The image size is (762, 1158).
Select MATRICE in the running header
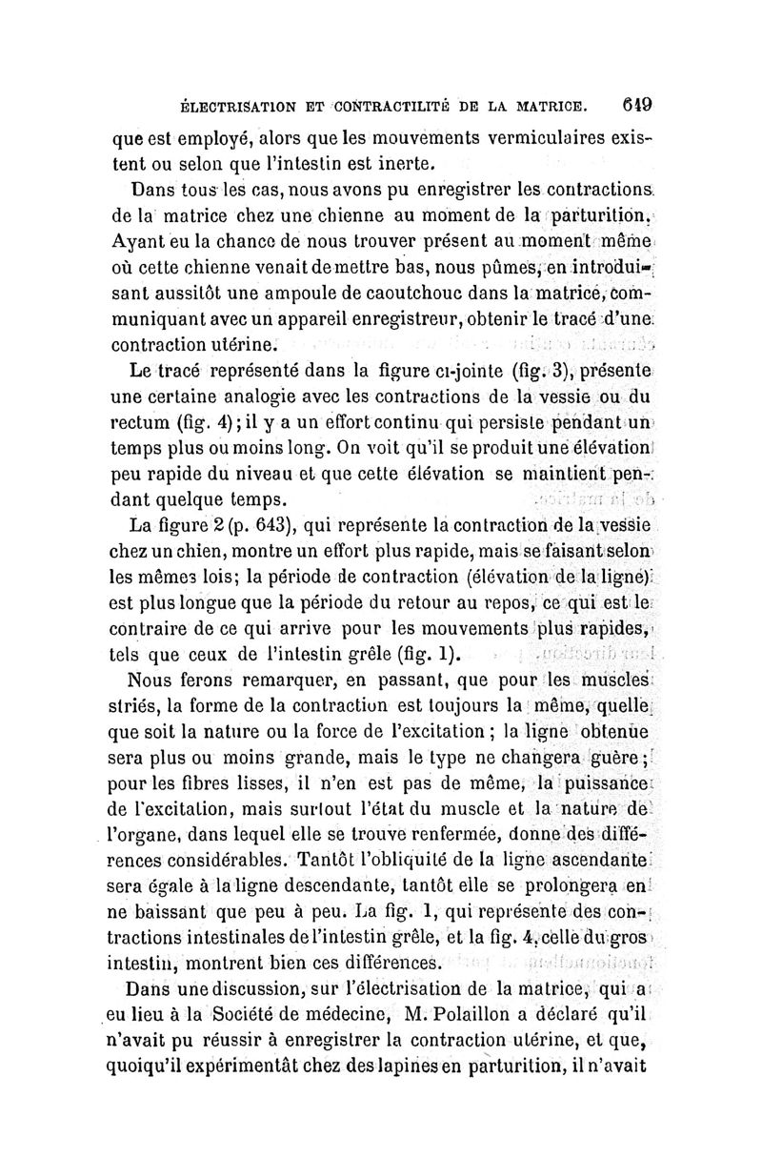(553, 102)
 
